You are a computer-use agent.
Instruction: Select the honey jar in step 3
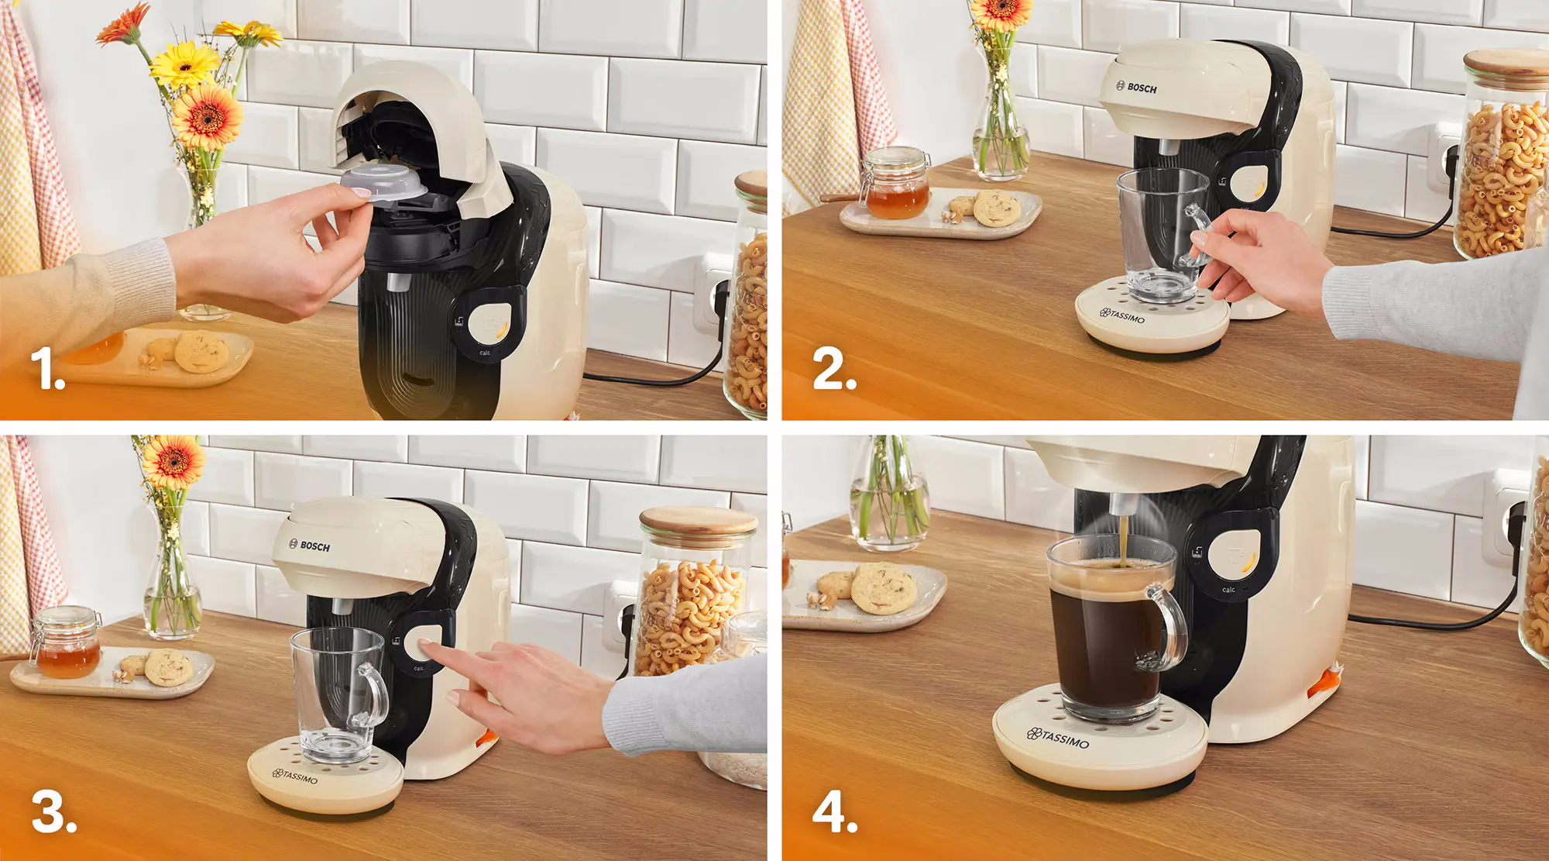click(x=67, y=645)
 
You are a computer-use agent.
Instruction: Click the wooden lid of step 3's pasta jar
click(x=697, y=519)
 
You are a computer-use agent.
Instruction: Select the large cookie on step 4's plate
click(x=883, y=587)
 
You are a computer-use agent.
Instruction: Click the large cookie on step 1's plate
click(x=201, y=352)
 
